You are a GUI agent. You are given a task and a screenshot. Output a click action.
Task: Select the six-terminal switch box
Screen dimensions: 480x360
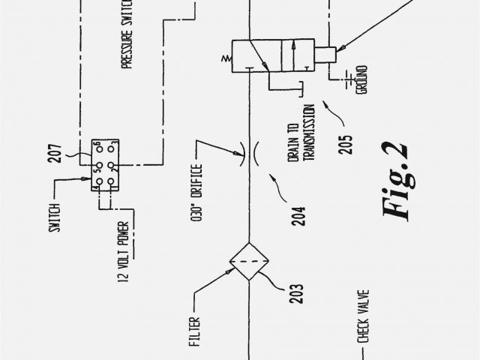pyautogui.click(x=103, y=164)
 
